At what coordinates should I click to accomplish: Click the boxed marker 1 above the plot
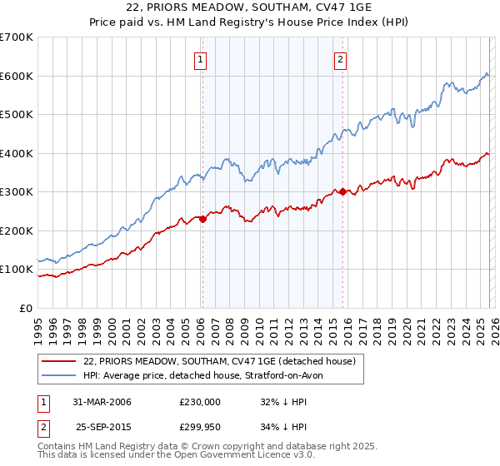(202, 59)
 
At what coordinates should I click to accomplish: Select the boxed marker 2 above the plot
(342, 59)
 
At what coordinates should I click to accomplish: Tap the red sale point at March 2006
(202, 219)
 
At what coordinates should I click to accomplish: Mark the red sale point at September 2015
(342, 191)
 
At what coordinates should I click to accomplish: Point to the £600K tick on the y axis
(17, 76)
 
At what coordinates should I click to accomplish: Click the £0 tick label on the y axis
(26, 308)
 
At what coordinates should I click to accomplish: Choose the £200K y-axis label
(17, 231)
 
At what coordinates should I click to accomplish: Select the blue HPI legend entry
(208, 375)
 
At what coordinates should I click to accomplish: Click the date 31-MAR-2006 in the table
(102, 402)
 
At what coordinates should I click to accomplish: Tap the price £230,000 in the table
(200, 402)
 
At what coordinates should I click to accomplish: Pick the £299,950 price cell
(200, 427)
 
